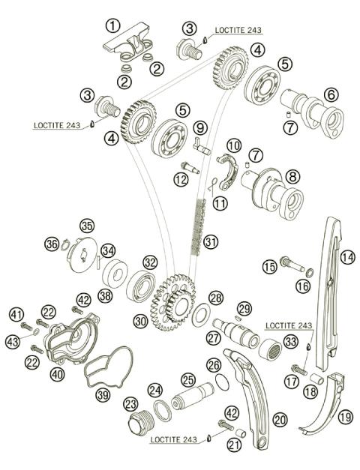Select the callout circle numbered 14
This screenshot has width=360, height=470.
pos(346,256)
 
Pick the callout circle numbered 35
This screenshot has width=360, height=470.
pos(87,225)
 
